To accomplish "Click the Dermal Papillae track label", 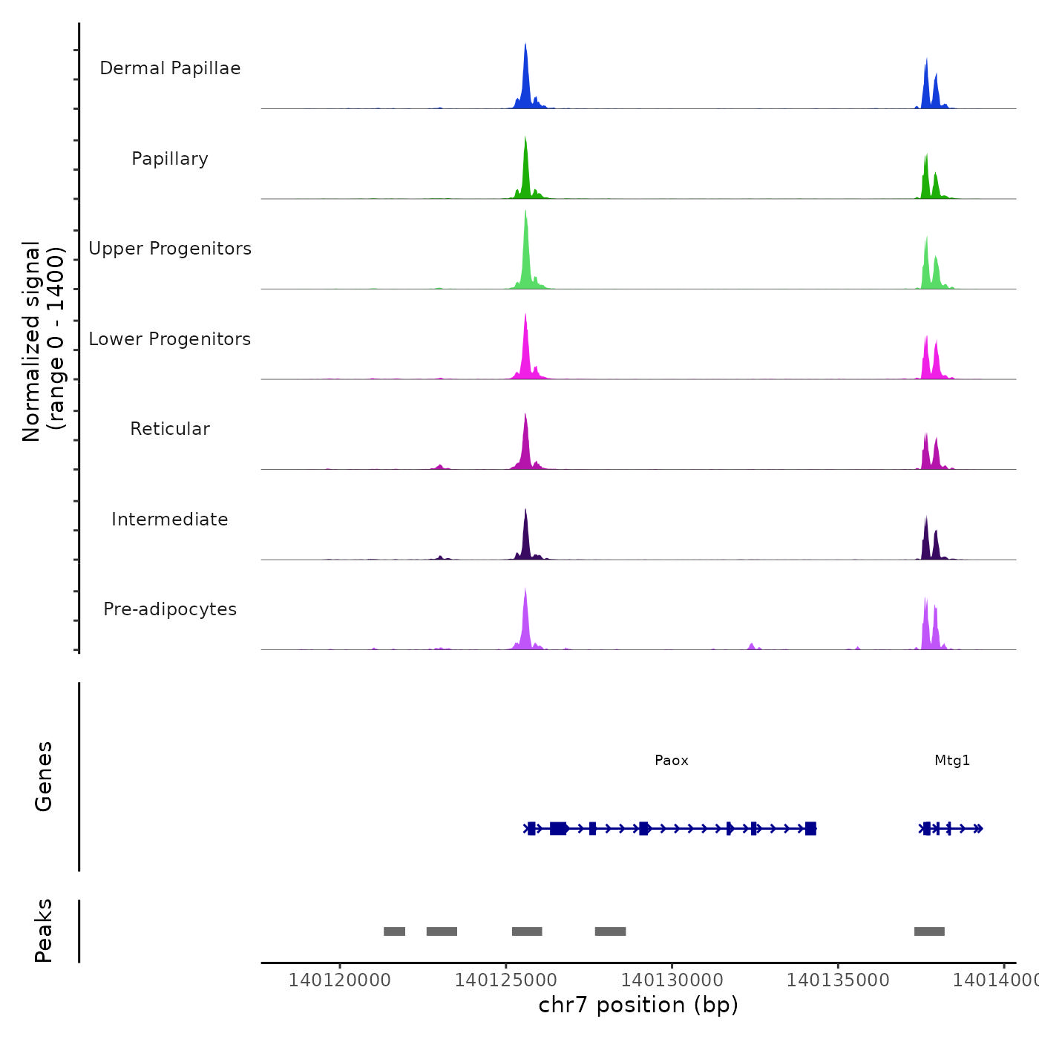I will tap(170, 68).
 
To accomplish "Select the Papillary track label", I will tap(170, 159).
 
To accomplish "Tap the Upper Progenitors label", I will tap(170, 249).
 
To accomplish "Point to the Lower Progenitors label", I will tap(170, 339).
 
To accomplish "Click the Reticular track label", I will tap(170, 429).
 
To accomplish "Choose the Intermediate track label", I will tap(170, 519).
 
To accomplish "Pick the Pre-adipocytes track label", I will tap(170, 609).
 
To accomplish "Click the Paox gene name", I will tap(672, 761).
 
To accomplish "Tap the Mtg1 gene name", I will tap(952, 761).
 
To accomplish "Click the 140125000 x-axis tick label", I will tap(505, 980).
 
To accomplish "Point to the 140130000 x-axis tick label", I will tap(672, 980).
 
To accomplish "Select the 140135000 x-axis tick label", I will tap(838, 980).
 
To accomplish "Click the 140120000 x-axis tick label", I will tap(340, 980).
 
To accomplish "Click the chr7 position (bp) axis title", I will tap(638, 1006).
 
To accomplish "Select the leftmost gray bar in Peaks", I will tap(394, 931).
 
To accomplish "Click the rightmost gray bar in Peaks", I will tap(929, 931).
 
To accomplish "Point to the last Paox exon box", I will tap(810, 829).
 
